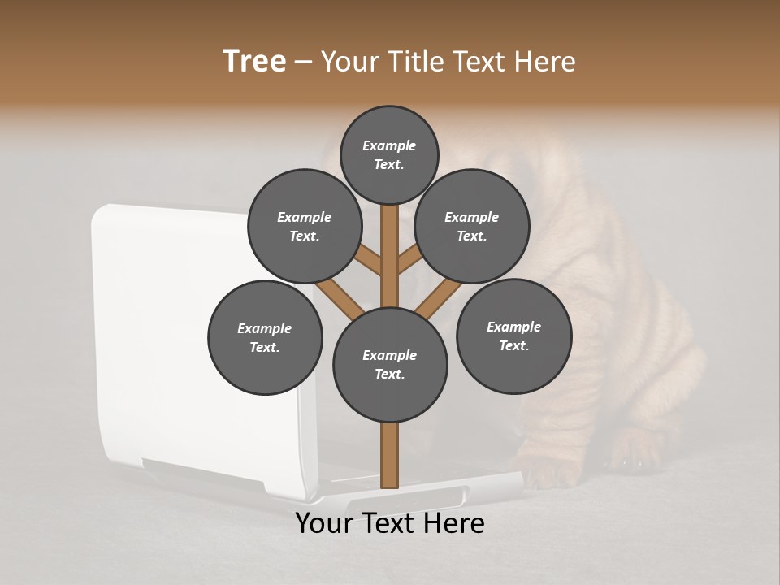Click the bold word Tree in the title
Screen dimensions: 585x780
(x=254, y=62)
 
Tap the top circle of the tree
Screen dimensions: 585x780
(x=389, y=154)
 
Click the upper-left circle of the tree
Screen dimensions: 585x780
(x=304, y=226)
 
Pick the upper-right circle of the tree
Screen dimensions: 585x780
(x=471, y=226)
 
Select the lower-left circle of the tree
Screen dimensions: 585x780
(x=265, y=337)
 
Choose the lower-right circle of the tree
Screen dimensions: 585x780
(x=513, y=336)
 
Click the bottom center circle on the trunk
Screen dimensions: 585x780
(x=390, y=364)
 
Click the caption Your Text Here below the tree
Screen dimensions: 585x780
(x=390, y=523)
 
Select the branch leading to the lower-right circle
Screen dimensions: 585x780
(x=438, y=297)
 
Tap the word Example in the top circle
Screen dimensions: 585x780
(x=389, y=145)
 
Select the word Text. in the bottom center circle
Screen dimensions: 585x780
(x=389, y=374)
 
